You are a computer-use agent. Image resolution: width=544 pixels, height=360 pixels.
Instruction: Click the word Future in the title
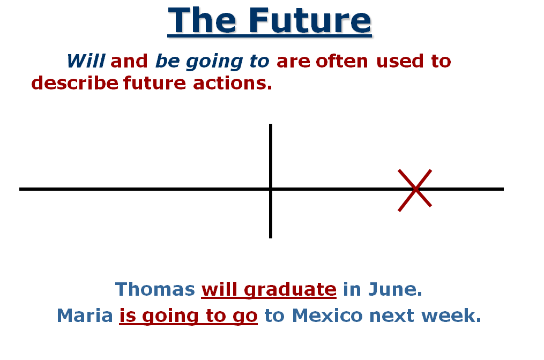[310, 20]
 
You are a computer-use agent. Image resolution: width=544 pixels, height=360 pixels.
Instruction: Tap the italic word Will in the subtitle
[86, 61]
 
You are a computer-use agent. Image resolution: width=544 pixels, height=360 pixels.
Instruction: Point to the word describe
[74, 83]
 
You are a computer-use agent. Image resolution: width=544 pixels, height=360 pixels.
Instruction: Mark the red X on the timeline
[415, 189]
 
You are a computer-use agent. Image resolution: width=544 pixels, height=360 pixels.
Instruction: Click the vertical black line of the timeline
[271, 155]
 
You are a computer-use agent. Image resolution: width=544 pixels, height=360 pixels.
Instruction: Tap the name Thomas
[155, 289]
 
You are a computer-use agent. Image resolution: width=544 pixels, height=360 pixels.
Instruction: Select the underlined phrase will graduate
[269, 290]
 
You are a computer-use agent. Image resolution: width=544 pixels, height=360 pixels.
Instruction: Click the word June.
[395, 289]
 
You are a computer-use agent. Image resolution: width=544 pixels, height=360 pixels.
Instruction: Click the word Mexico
[327, 316]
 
